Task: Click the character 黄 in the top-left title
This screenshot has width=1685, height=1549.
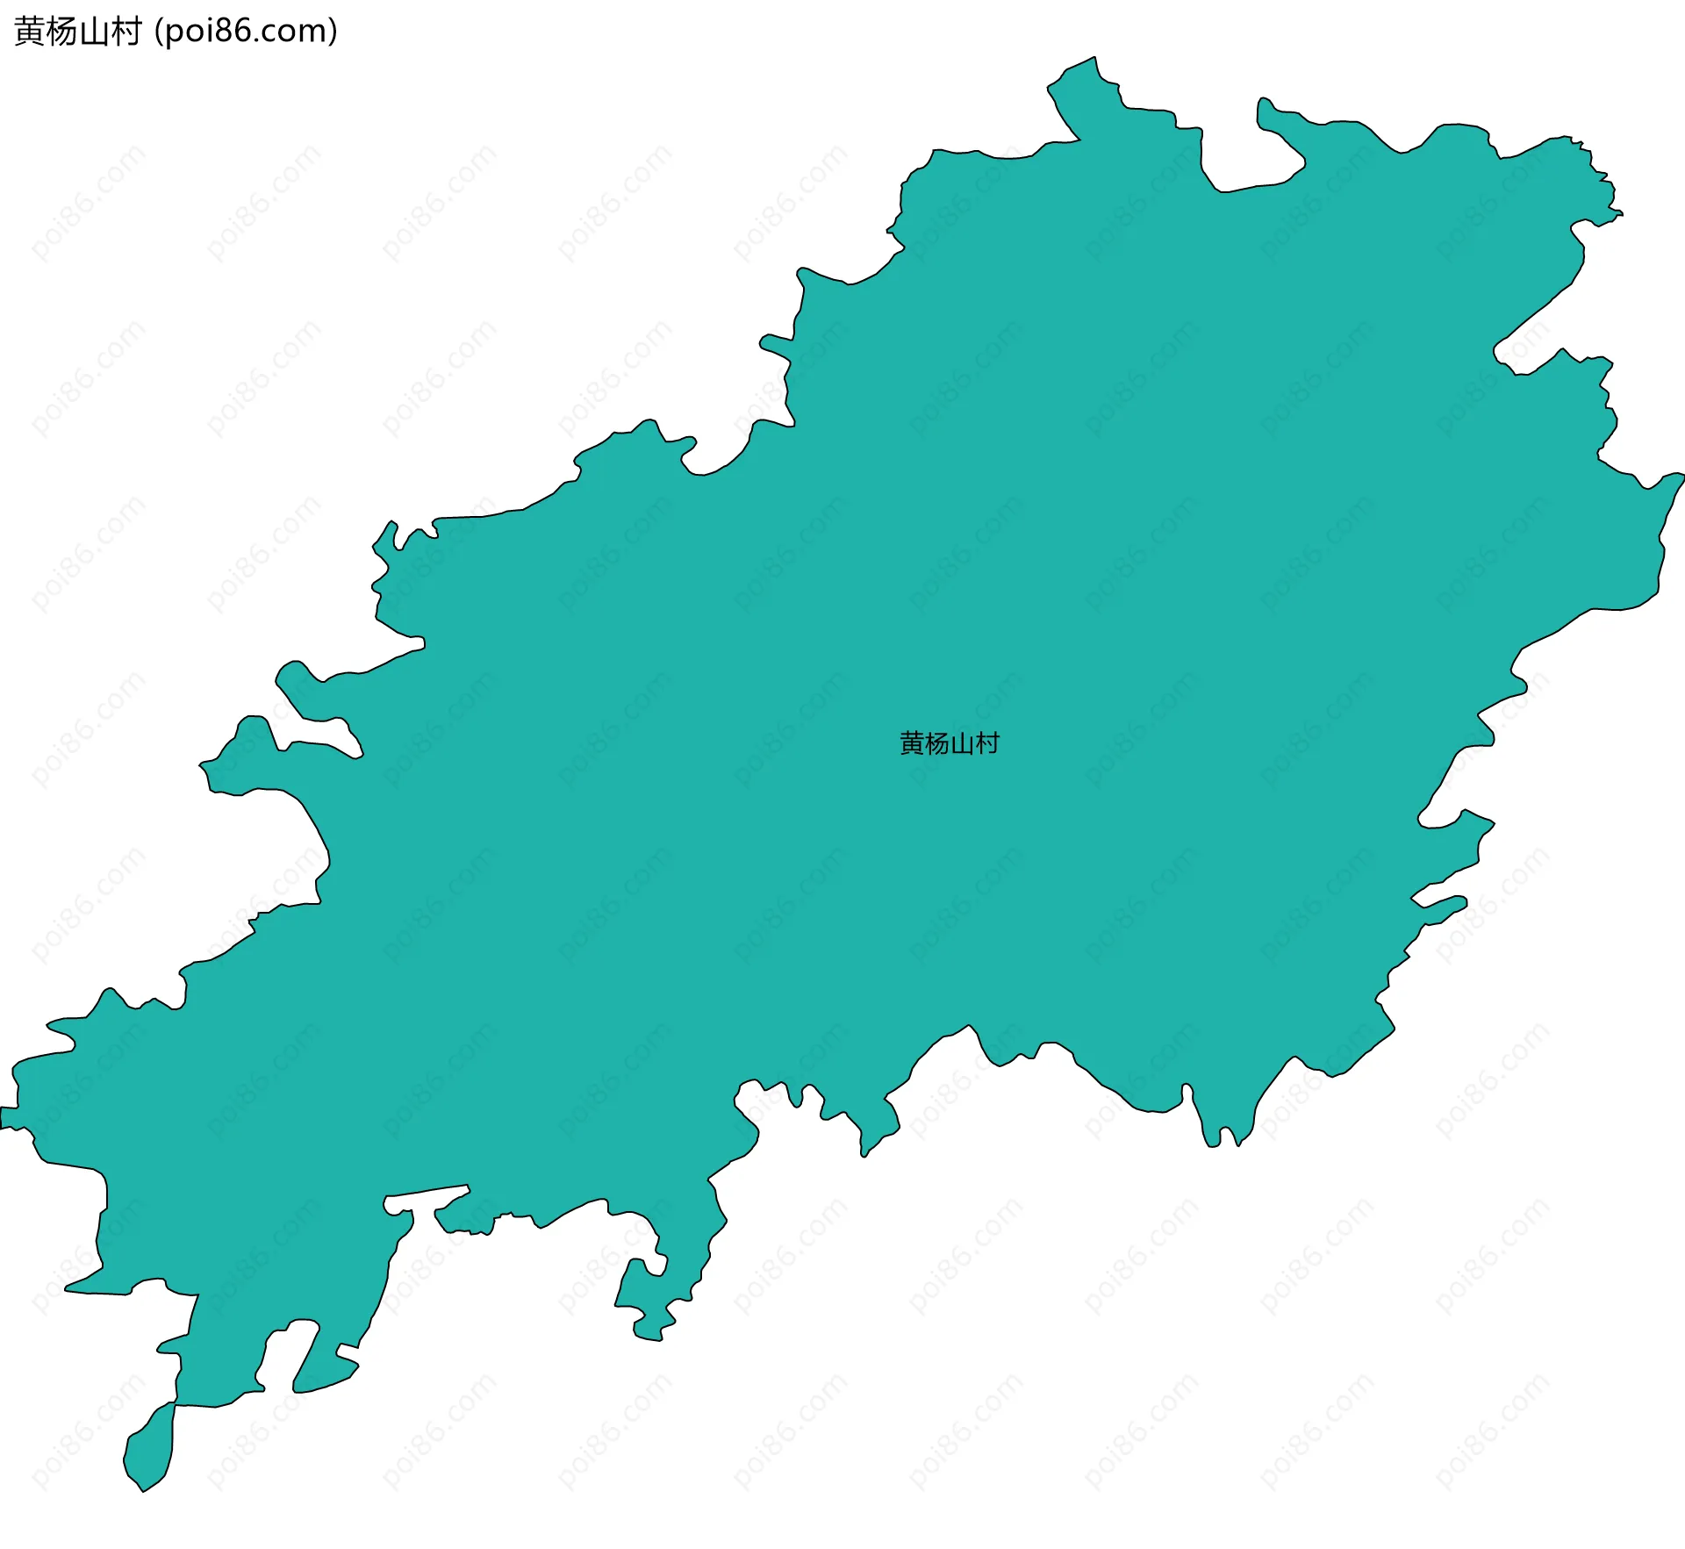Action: pos(30,32)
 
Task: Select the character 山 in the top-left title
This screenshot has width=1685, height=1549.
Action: pos(94,32)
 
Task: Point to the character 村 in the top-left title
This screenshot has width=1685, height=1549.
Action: pos(125,32)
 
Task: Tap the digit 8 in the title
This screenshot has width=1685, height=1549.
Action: pos(220,32)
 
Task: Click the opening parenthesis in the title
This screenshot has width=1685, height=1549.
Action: pos(157,32)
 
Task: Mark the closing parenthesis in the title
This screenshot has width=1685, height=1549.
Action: pos(332,32)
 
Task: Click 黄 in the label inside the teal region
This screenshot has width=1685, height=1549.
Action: pos(912,743)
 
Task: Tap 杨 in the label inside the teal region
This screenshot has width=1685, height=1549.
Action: pos(937,743)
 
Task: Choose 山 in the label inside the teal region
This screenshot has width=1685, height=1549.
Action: pos(962,743)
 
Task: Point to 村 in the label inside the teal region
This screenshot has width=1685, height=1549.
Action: pos(987,743)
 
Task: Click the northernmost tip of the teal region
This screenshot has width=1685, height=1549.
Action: pos(1093,59)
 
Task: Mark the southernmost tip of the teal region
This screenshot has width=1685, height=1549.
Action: pos(142,1489)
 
